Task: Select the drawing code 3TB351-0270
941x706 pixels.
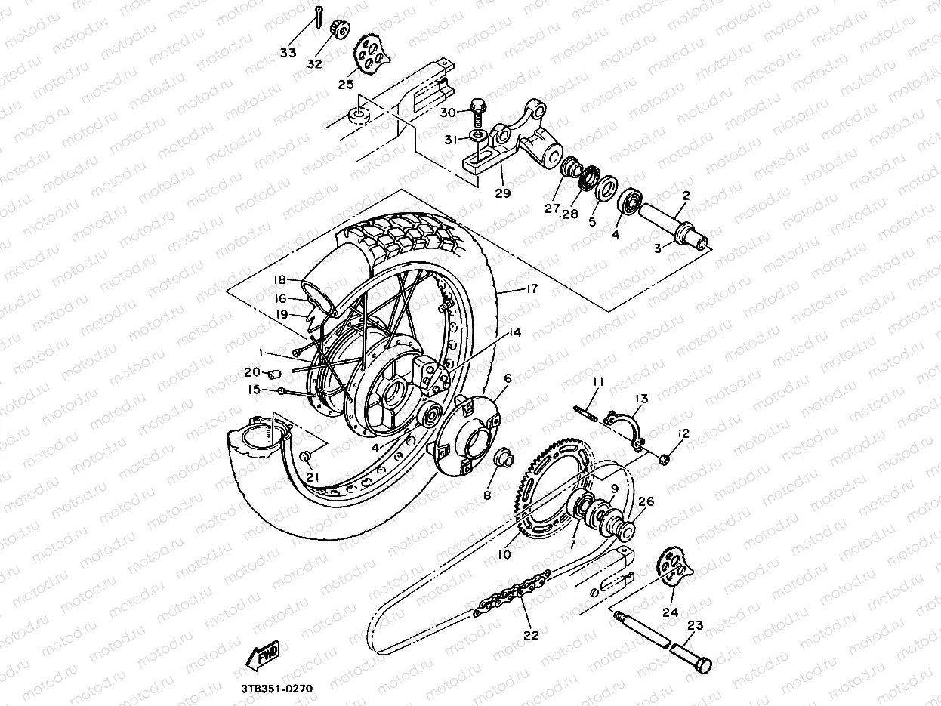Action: [276, 689]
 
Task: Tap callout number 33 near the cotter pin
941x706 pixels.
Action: [288, 52]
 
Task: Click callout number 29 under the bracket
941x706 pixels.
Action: [502, 193]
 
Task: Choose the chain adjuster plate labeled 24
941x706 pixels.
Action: [674, 574]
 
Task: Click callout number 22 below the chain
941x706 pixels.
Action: [531, 635]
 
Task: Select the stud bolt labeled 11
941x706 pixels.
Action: [587, 413]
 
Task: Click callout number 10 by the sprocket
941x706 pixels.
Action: [504, 554]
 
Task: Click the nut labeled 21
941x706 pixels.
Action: [305, 456]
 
